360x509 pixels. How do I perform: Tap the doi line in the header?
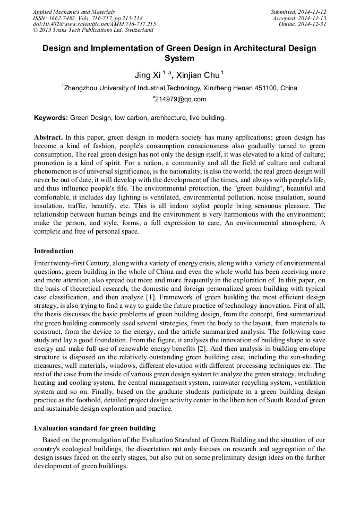coord(95,24)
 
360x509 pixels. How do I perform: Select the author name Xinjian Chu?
coord(198,75)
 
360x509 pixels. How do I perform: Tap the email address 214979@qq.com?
coord(181,99)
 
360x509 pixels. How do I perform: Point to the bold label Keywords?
coord(51,117)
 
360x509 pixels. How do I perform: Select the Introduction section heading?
coord(54,251)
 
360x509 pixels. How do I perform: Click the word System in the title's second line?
coord(179,58)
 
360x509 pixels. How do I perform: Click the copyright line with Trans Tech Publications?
coord(93,30)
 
